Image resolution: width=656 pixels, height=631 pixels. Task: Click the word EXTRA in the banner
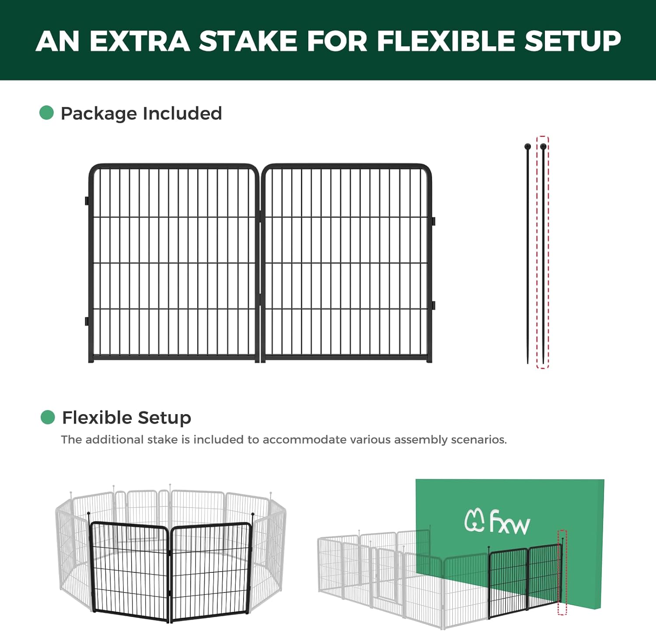pos(140,41)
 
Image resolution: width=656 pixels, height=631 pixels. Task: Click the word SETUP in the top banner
pos(572,41)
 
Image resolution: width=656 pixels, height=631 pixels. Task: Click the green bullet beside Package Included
pos(46,113)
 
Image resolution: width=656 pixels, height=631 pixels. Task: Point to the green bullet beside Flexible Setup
pos(47,417)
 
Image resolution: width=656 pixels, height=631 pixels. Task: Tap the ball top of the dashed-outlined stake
pos(543,146)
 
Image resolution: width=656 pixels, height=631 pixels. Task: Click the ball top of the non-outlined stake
pos(527,146)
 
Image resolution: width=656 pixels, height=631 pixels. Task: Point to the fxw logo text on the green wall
pos(509,522)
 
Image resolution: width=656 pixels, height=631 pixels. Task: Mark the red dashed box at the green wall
pos(562,572)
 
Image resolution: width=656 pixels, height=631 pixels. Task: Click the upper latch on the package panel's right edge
pos(433,221)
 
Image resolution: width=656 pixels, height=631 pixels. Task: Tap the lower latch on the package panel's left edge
pos(87,321)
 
